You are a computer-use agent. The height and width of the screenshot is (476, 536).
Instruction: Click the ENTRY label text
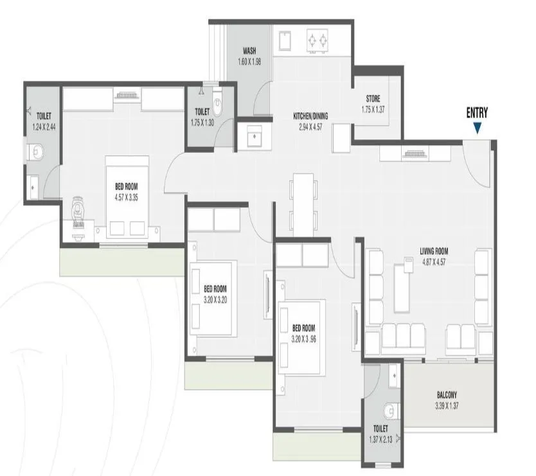pos(476,114)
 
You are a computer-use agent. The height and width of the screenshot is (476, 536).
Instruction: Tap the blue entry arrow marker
pos(476,128)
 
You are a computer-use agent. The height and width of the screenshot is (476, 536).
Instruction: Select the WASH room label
pos(250,51)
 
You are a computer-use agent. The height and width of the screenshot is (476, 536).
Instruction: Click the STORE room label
pos(373,99)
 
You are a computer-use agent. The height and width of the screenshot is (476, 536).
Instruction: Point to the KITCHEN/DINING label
pos(310,116)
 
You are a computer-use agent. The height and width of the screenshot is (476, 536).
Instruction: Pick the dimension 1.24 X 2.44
pos(44,127)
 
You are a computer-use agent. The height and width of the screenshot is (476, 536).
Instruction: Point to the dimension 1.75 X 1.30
pos(202,122)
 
